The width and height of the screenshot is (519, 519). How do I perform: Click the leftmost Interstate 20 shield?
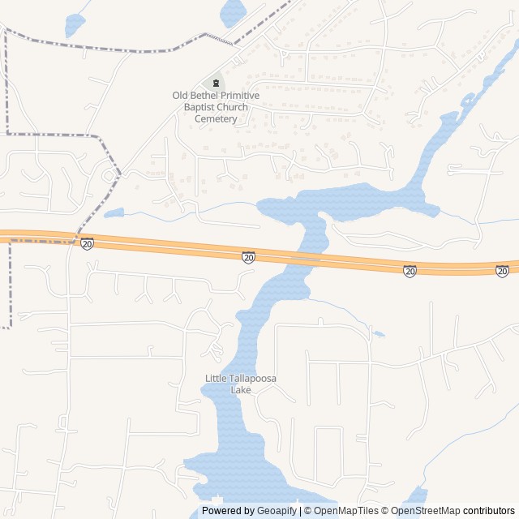(x=87, y=244)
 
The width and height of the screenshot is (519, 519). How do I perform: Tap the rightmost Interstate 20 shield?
(x=503, y=272)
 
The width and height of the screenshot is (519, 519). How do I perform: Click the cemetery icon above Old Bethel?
(x=216, y=83)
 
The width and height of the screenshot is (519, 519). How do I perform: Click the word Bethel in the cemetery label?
(x=203, y=96)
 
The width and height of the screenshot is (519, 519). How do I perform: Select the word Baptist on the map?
(x=202, y=107)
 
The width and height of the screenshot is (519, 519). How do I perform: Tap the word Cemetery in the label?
(x=216, y=119)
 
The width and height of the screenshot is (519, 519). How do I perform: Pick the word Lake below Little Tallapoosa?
(x=241, y=390)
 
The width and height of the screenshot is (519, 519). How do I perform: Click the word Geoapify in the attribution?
(x=277, y=511)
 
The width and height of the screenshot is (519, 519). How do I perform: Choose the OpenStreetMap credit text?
(x=426, y=511)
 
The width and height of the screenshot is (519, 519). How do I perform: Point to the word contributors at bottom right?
(x=489, y=511)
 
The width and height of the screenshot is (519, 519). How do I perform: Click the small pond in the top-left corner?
(x=75, y=24)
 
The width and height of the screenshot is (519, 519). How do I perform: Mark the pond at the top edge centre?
(x=233, y=11)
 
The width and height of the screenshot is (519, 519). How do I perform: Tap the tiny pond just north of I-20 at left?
(x=114, y=213)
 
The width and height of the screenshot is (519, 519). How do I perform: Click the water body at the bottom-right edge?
(x=414, y=499)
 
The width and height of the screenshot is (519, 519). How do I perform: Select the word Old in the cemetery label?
(x=180, y=96)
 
